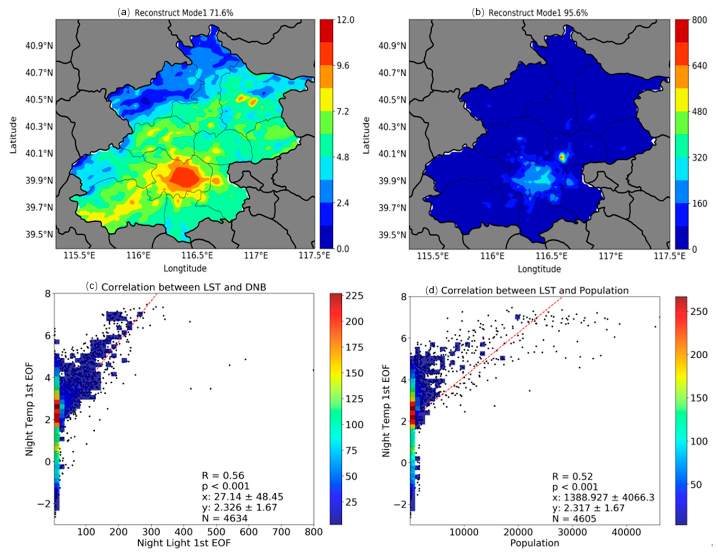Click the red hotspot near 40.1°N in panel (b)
(x=562, y=157)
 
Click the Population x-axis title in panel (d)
(x=535, y=543)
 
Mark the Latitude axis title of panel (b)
(x=366, y=135)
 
